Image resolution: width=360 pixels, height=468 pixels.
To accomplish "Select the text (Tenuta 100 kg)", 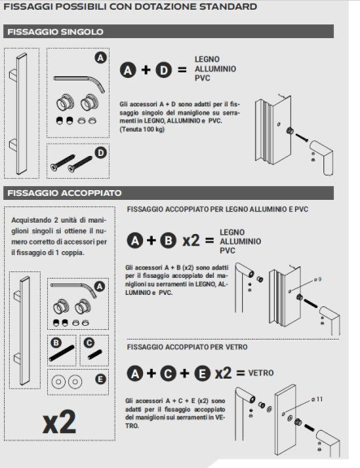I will pos(145,129).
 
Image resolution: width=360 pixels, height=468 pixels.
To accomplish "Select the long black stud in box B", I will pos(63,353).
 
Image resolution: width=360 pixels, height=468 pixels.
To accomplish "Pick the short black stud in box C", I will pos(95,353).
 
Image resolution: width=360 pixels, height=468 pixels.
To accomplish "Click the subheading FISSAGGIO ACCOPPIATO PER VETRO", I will pos(181,348).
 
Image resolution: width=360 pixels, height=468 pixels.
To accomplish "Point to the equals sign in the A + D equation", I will pos(184,70).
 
